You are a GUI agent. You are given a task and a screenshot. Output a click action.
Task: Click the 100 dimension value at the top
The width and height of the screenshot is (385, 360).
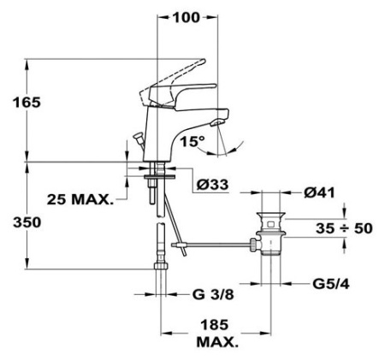coord(187,18)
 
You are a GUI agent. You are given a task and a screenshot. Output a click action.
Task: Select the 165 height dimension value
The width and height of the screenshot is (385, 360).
coord(27,103)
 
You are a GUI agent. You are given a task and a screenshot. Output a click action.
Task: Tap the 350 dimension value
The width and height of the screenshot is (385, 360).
coord(27,222)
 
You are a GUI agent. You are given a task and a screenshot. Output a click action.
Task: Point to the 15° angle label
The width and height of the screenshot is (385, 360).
coord(192,141)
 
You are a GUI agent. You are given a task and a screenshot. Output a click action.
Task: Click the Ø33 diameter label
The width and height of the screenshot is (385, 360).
coord(212,185)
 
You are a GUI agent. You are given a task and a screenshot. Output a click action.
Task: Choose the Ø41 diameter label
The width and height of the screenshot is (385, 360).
coord(319,192)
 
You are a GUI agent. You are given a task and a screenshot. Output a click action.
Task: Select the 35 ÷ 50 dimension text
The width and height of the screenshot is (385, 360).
coord(344,228)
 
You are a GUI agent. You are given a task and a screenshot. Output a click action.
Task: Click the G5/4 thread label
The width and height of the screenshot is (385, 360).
coord(331,284)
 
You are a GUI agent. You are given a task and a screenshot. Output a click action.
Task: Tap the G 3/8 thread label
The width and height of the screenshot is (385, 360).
coord(213,294)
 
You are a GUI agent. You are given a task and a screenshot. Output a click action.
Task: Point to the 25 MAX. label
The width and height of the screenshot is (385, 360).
coord(80,199)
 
